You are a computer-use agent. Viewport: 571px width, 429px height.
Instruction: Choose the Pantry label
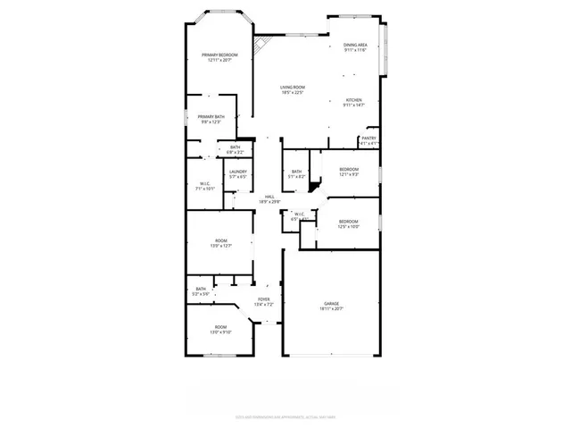click(x=369, y=139)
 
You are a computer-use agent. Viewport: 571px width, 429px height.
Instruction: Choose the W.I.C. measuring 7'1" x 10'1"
click(x=204, y=185)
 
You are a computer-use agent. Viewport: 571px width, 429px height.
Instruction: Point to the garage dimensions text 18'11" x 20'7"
click(x=332, y=309)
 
